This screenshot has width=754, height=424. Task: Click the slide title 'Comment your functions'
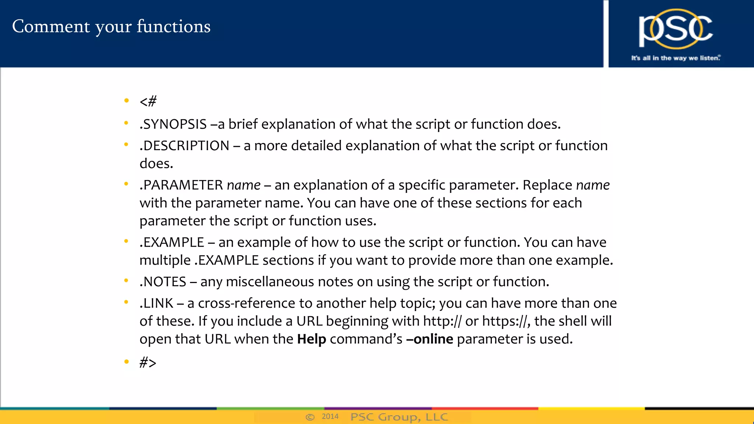coord(111,26)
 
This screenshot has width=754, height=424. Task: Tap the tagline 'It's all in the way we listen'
coord(676,58)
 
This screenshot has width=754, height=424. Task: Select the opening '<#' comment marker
coord(148,101)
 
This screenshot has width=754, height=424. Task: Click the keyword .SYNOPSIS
coord(173,124)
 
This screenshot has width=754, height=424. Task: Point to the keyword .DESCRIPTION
coord(184,146)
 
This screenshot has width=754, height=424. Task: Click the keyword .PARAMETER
coord(181,185)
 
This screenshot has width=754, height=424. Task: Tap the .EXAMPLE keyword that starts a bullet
coord(172,243)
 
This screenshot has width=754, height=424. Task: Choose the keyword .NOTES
coord(163,282)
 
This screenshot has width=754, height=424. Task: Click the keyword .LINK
coord(156,303)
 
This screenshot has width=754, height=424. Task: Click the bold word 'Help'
coord(311,339)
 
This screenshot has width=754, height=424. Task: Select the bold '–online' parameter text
coord(430,339)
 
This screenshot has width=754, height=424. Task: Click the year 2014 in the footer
coord(330,416)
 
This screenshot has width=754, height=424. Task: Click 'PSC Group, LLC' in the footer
coord(399,417)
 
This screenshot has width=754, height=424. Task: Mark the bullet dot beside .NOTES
coord(126,281)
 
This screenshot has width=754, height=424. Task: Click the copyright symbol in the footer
coord(310,417)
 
